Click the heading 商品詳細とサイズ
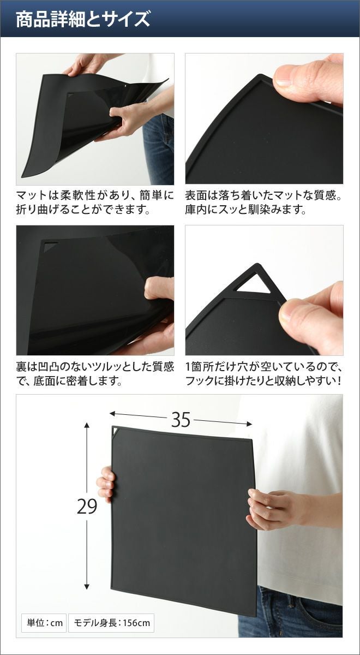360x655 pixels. [x=83, y=20]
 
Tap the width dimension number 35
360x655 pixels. [x=181, y=420]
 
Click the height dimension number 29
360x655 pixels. [x=87, y=507]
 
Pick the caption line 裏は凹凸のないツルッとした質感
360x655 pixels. [x=95, y=367]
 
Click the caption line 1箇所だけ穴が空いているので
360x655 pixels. [x=263, y=367]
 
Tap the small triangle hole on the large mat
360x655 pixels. [x=116, y=431]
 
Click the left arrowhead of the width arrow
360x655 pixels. [x=112, y=414]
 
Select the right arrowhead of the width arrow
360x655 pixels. [x=249, y=424]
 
